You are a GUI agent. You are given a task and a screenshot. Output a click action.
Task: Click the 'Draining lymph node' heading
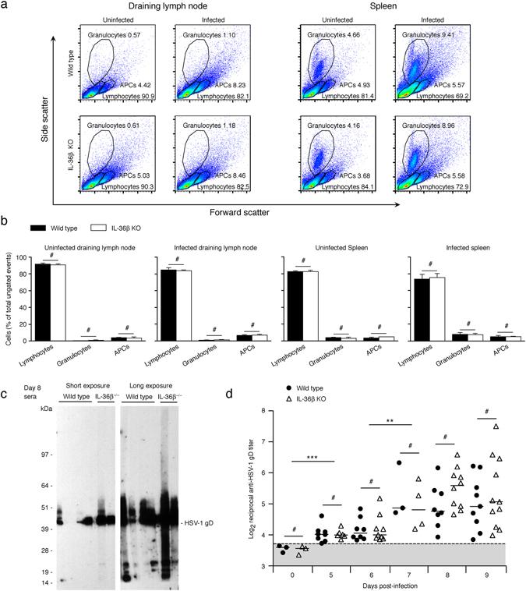click(x=145, y=7)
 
